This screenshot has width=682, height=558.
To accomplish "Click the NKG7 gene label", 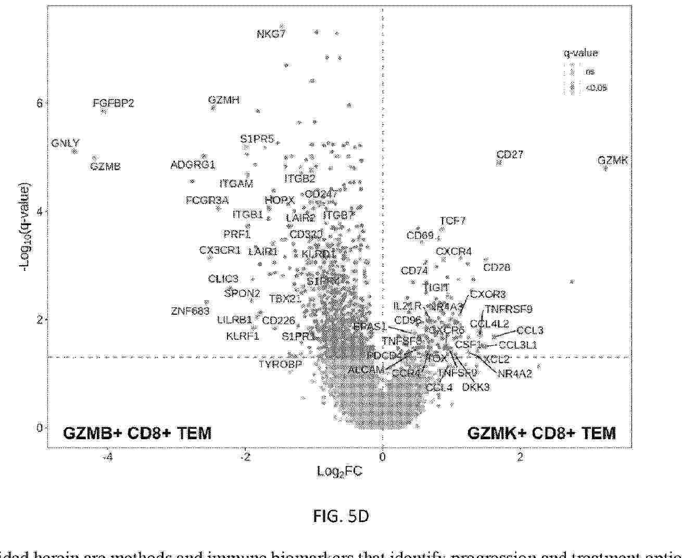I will (x=271, y=34).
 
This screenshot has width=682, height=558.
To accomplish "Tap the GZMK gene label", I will (x=613, y=160).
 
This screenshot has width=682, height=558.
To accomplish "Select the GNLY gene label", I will (x=66, y=143).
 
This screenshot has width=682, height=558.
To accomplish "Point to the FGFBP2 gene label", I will (x=113, y=103).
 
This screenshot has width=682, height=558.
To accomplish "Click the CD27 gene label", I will (x=510, y=155).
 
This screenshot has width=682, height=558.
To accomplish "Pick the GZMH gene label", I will (x=224, y=100).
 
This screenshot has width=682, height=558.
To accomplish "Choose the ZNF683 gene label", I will (x=190, y=311).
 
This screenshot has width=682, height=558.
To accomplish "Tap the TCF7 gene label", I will (x=452, y=221).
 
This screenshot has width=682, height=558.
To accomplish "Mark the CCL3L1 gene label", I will (x=517, y=345).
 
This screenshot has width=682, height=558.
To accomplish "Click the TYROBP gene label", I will (x=280, y=364).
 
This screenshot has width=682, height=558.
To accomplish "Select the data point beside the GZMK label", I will (x=605, y=169).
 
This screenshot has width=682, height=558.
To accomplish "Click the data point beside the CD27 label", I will (x=499, y=163).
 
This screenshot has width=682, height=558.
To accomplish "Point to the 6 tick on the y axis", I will (x=40, y=103).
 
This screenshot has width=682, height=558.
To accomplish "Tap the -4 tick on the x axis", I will (x=108, y=457).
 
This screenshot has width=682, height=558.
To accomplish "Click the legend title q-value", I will (x=580, y=53).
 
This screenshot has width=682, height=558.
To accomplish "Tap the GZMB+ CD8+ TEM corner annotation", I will (x=137, y=433).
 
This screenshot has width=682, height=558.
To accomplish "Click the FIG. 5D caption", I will (x=341, y=516).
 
